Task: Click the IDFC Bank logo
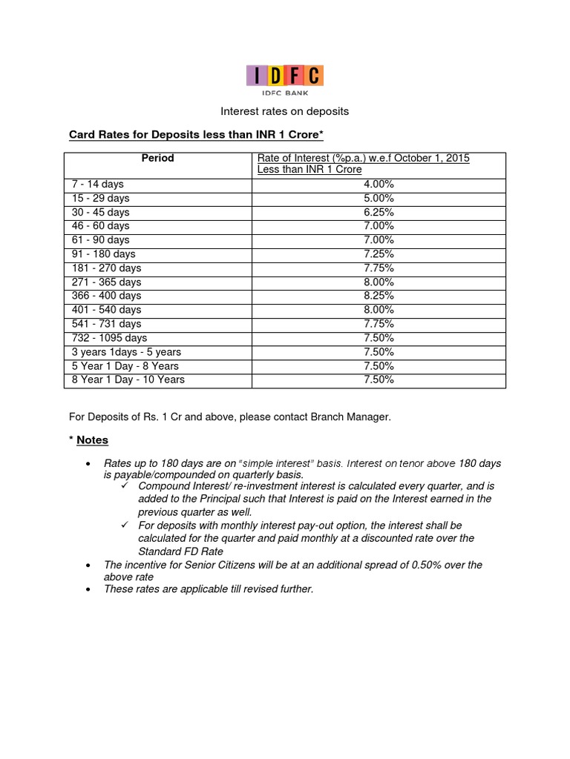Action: tap(285, 80)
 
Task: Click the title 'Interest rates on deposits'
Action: tap(285, 111)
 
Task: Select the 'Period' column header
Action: tap(157, 158)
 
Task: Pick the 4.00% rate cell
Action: tap(379, 184)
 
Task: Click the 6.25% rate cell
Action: tap(379, 212)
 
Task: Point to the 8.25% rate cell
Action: tap(379, 296)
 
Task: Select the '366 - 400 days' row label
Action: tap(106, 296)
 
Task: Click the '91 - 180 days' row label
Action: tap(103, 253)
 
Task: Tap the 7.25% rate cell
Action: tap(379, 253)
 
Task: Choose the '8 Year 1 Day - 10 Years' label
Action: tap(128, 379)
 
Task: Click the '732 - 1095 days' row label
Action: tap(109, 338)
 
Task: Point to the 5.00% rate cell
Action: tap(379, 198)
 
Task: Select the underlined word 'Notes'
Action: tap(92, 440)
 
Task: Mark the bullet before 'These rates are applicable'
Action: tap(88, 589)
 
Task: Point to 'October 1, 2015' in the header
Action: tap(433, 158)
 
